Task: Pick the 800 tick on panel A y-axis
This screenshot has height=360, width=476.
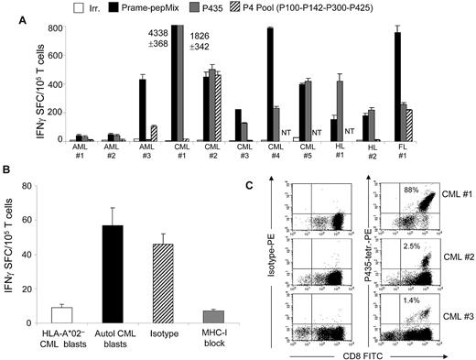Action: [55, 27]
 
